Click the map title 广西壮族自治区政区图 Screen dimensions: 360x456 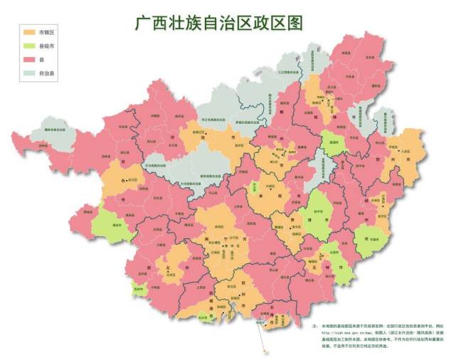[218, 23]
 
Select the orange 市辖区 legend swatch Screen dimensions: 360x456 [28, 33]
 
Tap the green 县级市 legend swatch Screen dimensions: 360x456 [28, 46]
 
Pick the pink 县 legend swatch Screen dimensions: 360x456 [28, 59]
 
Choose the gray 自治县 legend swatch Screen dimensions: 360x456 [28, 73]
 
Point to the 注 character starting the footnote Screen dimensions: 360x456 [314, 324]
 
